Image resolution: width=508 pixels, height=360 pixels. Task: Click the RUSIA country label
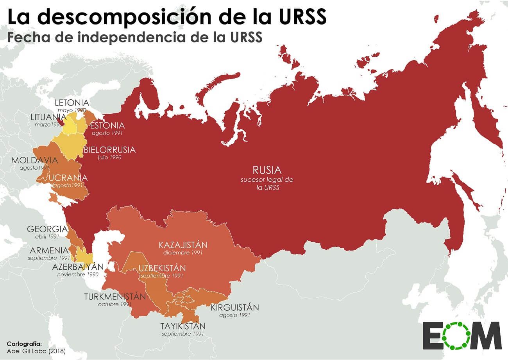point(267,170)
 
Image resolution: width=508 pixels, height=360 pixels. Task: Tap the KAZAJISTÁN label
point(183,245)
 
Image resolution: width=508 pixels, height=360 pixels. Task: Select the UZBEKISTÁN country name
point(162,268)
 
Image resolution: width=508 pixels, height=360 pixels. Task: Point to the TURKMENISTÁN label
point(115,296)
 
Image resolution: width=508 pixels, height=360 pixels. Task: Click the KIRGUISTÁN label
point(235,307)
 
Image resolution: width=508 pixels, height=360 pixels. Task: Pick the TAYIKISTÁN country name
point(183,326)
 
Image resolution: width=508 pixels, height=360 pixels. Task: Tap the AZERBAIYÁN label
point(78,267)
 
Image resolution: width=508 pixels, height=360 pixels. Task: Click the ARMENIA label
point(49,250)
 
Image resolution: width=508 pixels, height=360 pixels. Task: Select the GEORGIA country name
point(47,229)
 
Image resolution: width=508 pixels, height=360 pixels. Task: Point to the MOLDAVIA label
point(34,160)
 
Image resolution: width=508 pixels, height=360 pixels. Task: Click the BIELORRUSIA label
point(109,150)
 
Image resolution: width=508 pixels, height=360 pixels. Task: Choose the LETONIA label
point(72,103)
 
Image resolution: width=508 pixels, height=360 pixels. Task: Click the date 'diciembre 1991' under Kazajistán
point(183,253)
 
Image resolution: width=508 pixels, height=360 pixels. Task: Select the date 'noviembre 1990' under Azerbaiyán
point(78,274)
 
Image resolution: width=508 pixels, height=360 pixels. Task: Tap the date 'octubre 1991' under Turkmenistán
point(115,304)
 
